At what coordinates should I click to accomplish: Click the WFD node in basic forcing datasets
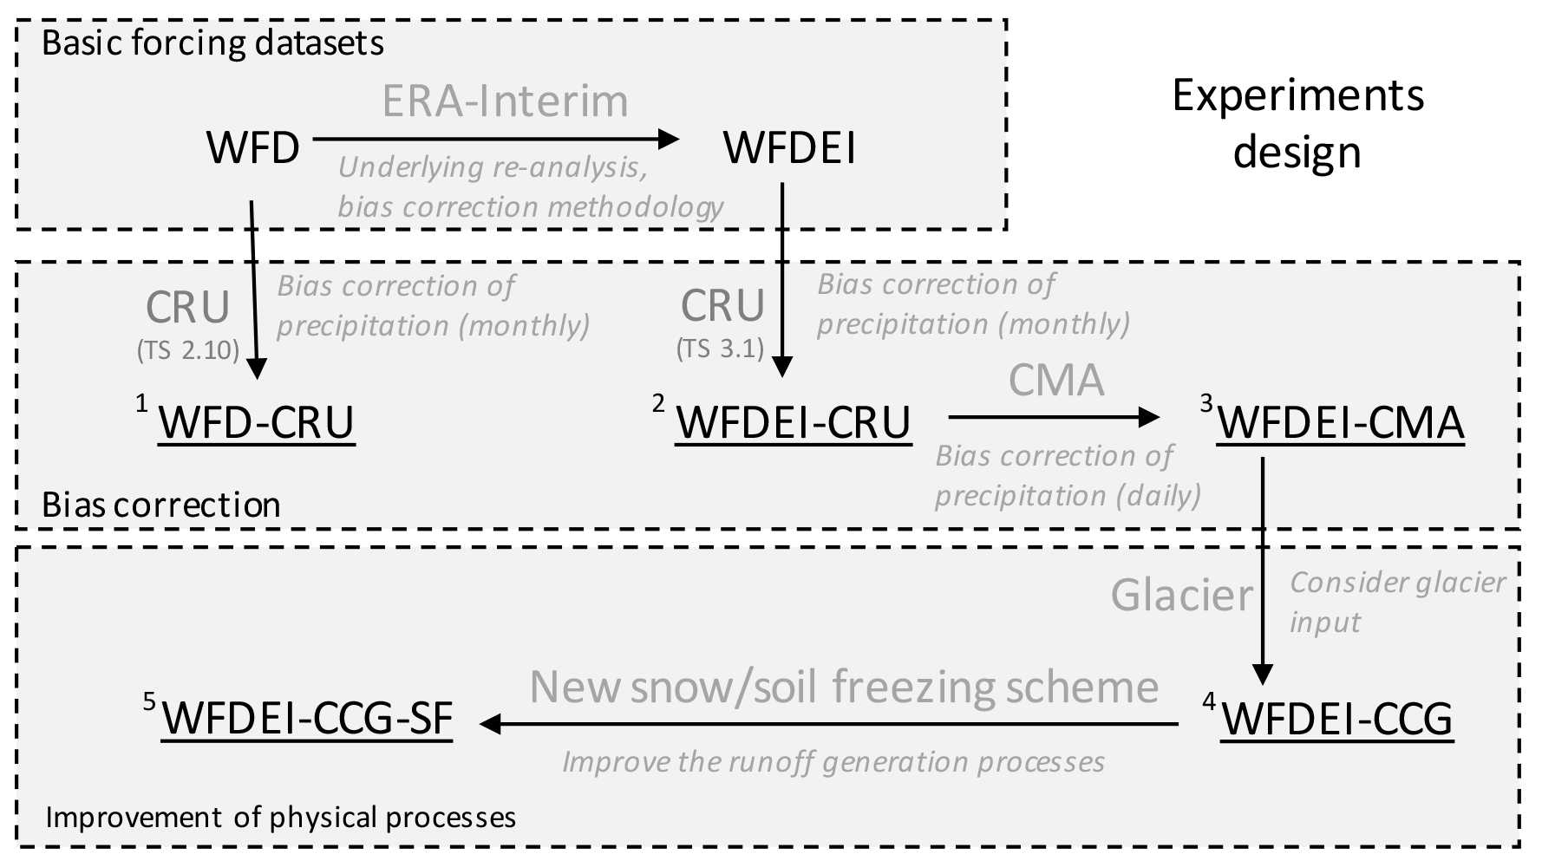[252, 148]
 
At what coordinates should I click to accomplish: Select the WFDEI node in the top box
[789, 148]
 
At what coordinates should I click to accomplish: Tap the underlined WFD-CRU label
[256, 423]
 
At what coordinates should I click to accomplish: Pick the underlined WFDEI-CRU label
[793, 423]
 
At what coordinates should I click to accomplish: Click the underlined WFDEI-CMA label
[1341, 423]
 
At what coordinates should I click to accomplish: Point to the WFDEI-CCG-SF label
[307, 719]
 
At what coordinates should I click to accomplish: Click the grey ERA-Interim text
[505, 101]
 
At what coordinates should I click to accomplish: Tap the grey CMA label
[1055, 380]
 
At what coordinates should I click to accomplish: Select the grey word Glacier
[1182, 596]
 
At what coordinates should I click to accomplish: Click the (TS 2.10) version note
[187, 350]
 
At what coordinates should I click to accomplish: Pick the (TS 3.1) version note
[720, 349]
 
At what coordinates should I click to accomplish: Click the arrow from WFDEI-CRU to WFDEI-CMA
[1054, 417]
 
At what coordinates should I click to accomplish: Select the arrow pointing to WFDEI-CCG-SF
[828, 724]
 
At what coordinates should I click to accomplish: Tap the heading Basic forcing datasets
[212, 43]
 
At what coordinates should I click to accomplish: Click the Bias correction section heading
[161, 505]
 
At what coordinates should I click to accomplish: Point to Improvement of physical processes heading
[280, 817]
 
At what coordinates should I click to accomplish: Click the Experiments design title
[1297, 122]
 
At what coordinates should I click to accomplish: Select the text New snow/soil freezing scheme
[844, 687]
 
